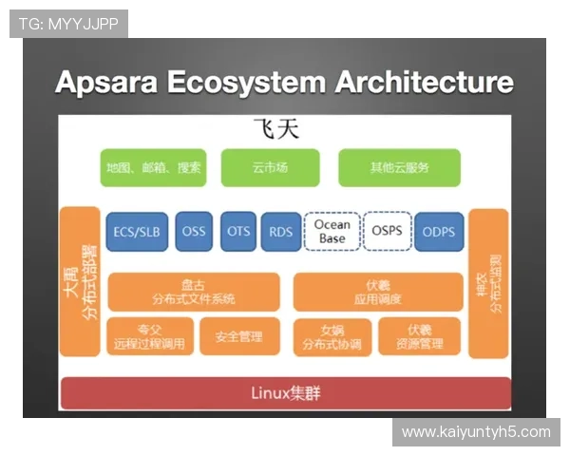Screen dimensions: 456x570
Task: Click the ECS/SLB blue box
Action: click(138, 232)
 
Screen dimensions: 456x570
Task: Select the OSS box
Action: click(194, 232)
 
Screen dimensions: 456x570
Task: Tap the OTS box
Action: click(238, 231)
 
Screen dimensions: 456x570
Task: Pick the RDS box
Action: click(280, 231)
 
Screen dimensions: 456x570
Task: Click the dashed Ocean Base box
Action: click(332, 231)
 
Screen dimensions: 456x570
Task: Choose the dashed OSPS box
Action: click(386, 231)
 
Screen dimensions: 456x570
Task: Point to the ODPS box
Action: click(438, 232)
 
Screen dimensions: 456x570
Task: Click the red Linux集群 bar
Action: click(285, 392)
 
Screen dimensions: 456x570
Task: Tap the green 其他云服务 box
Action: click(399, 167)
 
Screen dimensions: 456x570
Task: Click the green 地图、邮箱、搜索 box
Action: click(154, 167)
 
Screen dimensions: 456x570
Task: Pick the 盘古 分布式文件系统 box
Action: click(194, 292)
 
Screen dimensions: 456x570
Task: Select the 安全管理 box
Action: click(238, 335)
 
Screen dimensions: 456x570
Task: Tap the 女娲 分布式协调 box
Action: click(331, 335)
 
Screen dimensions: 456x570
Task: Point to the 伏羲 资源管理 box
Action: click(419, 335)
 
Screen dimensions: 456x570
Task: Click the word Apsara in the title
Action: click(108, 82)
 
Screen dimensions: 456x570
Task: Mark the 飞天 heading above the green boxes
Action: click(275, 129)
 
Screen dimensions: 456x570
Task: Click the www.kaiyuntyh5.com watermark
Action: click(475, 432)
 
